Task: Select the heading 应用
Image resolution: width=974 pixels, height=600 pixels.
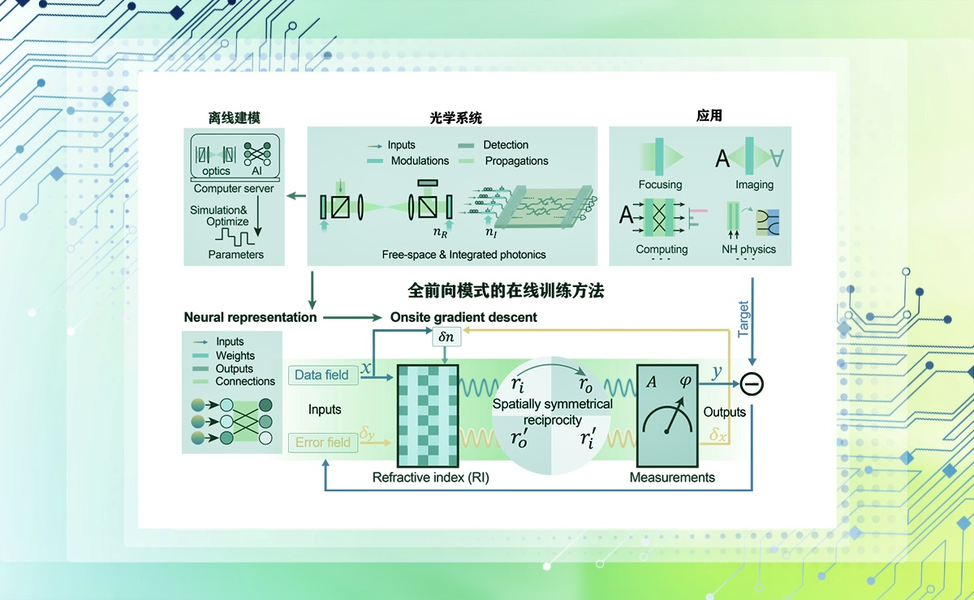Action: tap(709, 116)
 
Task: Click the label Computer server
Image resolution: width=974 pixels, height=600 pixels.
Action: tap(234, 189)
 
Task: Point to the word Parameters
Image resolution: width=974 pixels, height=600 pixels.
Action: tap(236, 255)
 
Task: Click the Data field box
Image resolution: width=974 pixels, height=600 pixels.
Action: tap(321, 375)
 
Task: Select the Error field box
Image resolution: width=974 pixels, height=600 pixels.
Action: tap(322, 443)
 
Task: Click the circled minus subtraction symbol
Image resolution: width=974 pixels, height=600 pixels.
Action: tap(752, 384)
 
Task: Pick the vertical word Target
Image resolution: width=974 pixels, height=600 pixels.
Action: tap(743, 319)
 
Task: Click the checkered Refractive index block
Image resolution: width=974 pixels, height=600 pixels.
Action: tap(426, 414)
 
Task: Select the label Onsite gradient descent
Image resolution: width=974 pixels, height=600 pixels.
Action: tap(463, 317)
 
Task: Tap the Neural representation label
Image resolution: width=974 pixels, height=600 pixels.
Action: tap(250, 317)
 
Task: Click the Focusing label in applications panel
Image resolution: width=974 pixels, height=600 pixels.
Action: tap(660, 185)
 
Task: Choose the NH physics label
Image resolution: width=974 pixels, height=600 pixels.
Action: tap(748, 250)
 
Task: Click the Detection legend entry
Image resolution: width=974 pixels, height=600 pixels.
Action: tap(506, 145)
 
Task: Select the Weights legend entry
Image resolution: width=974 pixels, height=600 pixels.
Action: tap(235, 355)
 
